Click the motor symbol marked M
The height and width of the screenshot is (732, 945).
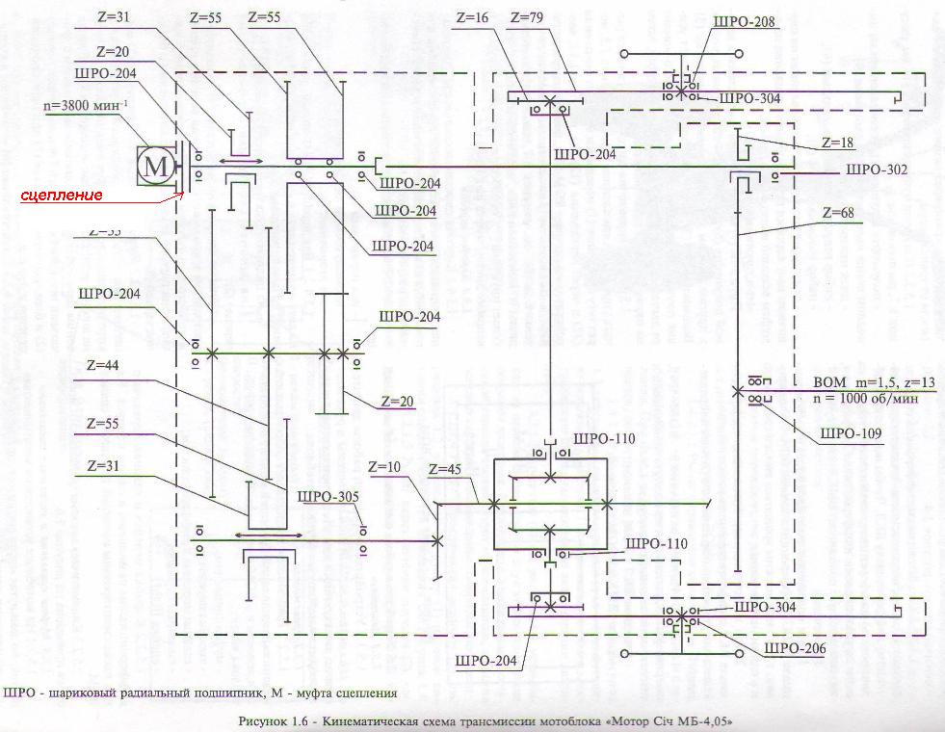pyautogui.click(x=155, y=167)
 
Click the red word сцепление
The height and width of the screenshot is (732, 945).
pyautogui.click(x=63, y=196)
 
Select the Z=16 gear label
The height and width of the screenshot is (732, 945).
pyautogui.click(x=474, y=18)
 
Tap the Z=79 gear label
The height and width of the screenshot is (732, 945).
pyautogui.click(x=529, y=18)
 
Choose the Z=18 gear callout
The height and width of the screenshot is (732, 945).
pyautogui.click(x=839, y=142)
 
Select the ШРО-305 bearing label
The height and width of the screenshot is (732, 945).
pyautogui.click(x=328, y=497)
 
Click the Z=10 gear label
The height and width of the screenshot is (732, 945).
pyautogui.click(x=385, y=467)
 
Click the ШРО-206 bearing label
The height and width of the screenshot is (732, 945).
pyautogui.click(x=795, y=649)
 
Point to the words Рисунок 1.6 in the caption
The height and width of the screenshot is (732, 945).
pyautogui.click(x=281, y=720)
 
